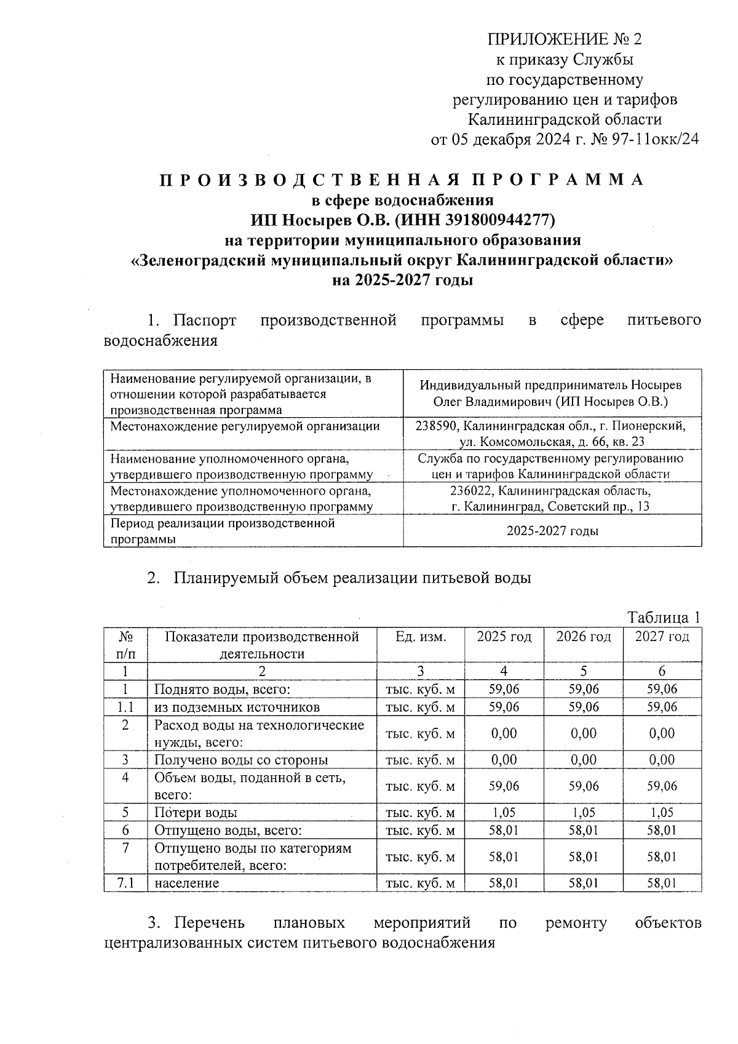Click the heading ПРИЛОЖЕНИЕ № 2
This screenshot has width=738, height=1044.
pyautogui.click(x=564, y=40)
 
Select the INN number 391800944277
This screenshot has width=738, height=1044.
pyautogui.click(x=491, y=220)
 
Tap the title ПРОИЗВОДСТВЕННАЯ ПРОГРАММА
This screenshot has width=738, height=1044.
pyautogui.click(x=402, y=180)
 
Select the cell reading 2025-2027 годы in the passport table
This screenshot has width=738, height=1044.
pyautogui.click(x=552, y=531)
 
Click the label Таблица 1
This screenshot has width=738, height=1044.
pyautogui.click(x=663, y=617)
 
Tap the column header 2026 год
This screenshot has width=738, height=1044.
pyautogui.click(x=583, y=637)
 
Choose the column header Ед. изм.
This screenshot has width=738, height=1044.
pyautogui.click(x=421, y=637)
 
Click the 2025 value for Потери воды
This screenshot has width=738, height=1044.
pyautogui.click(x=504, y=812)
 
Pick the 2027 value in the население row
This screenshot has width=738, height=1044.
pyautogui.click(x=662, y=883)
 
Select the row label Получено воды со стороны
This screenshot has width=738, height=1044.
pyautogui.click(x=240, y=760)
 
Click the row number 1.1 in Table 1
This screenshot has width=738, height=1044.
pyautogui.click(x=125, y=707)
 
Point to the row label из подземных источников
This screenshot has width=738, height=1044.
pyautogui.click(x=237, y=707)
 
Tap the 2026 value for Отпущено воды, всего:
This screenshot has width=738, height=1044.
pyautogui.click(x=583, y=830)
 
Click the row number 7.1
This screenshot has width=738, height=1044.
pyautogui.click(x=125, y=883)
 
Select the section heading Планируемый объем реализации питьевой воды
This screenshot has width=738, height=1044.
pyautogui.click(x=352, y=578)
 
